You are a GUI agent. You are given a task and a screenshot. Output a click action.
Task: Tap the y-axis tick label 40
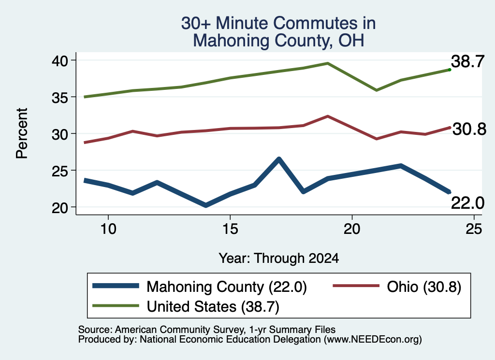60,60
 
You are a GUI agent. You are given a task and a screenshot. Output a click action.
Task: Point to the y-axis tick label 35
60,98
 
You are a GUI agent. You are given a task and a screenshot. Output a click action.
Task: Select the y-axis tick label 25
60,171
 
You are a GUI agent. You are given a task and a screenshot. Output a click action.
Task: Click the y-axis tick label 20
60,208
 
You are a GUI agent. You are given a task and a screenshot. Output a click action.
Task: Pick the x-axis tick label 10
108,229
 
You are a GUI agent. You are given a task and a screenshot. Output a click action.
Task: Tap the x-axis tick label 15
230,229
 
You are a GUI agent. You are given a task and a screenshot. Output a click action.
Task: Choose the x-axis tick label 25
474,229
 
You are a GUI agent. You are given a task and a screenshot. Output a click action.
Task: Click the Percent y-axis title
22,133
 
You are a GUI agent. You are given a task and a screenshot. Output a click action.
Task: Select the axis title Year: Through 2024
279,258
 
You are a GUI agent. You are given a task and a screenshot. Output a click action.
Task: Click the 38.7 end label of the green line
467,61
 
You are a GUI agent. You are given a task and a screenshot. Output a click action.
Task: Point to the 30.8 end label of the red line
469,129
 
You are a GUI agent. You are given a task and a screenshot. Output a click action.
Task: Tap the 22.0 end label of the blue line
467,203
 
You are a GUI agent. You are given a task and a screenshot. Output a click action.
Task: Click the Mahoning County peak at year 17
279,159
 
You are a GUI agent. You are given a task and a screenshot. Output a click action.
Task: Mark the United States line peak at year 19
328,63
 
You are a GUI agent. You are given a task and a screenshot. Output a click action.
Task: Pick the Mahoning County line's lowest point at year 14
206,205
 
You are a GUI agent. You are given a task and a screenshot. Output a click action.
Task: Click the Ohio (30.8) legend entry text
424,287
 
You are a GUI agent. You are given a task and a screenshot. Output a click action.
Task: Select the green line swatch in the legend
116,305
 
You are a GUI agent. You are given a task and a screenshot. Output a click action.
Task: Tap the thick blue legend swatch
116,286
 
